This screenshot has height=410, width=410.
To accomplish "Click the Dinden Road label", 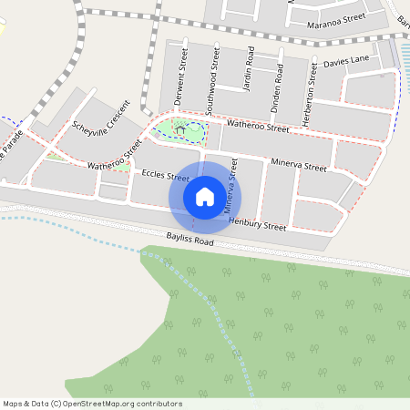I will (x=275, y=88).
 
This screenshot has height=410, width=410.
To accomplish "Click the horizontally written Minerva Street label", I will (x=299, y=166).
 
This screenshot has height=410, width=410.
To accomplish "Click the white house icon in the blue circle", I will (x=205, y=196).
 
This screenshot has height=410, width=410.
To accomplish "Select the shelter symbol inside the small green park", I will (x=181, y=130).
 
